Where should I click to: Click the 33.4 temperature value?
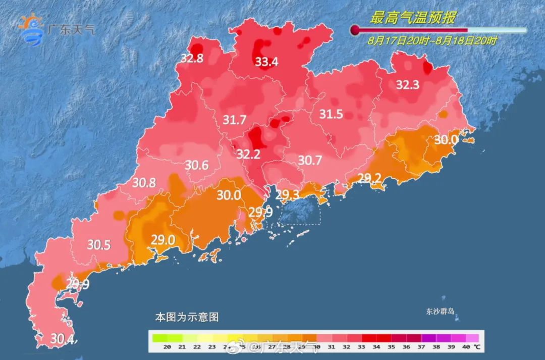pos(266,62)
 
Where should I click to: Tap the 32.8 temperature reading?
pos(192,59)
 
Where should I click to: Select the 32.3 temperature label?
pos(407,85)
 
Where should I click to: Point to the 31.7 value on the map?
pos(234,120)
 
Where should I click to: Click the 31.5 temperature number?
pos(331,115)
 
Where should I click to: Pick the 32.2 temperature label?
pos(248,155)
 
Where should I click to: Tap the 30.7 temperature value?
pos(310,161)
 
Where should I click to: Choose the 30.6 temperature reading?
pos(197,165)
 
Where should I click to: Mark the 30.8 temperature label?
pos(144,183)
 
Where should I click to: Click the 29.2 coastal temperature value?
pos(369,177)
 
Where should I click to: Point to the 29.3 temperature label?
pos(288,195)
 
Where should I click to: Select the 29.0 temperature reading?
pos(163,239)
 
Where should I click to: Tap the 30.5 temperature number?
pos(99,245)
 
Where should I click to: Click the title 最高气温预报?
pos(413,19)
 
